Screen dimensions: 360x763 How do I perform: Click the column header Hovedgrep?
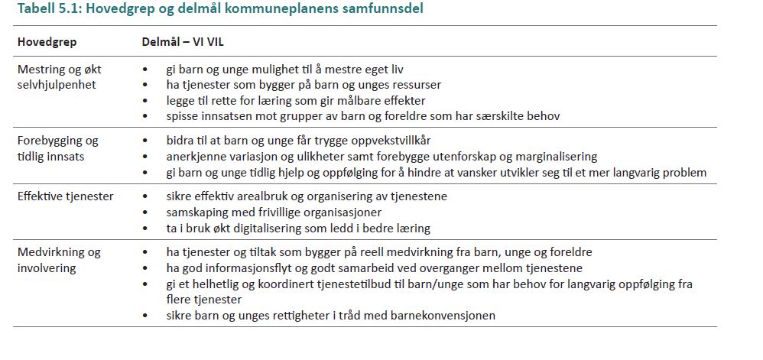(x=47, y=41)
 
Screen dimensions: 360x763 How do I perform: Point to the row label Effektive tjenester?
(x=65, y=196)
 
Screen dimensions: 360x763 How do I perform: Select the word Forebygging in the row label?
(x=50, y=141)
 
